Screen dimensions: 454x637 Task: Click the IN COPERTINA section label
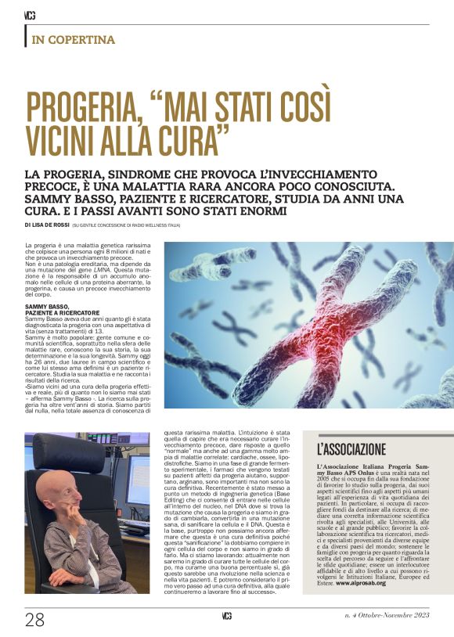pyautogui.click(x=73, y=40)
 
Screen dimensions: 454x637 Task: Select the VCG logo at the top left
pyautogui.click(x=30, y=15)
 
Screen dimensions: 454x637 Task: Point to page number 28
pyautogui.click(x=34, y=621)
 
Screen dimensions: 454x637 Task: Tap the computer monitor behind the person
pyautogui.click(x=135, y=478)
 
